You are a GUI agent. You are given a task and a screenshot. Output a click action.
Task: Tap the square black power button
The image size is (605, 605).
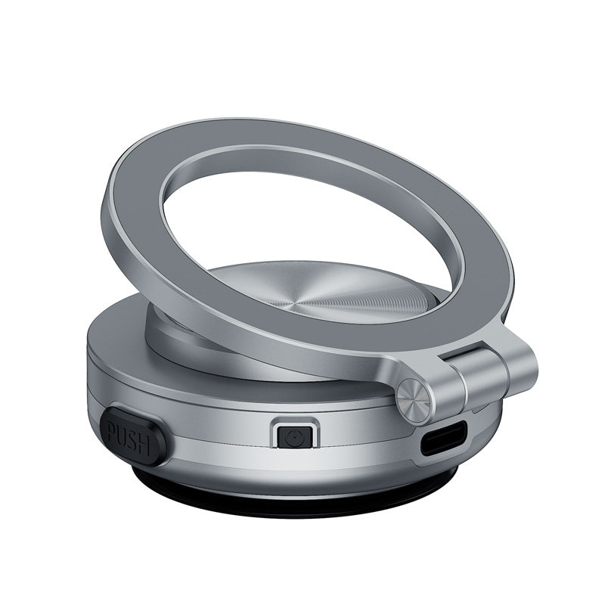pos(292,436)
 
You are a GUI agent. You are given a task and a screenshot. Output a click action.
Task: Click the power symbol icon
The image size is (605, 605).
pos(293,436)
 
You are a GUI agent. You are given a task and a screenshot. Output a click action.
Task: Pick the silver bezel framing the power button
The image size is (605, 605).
pos(292,422)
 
